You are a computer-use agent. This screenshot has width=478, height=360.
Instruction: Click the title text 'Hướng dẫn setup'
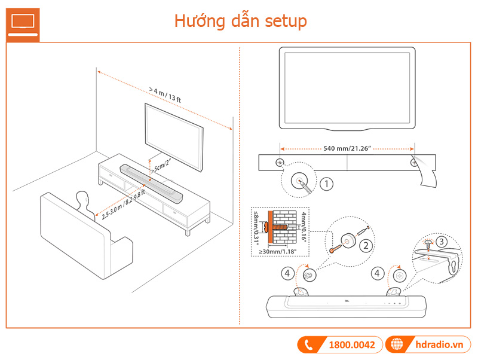click(240, 22)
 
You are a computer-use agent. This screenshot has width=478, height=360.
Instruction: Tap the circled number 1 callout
click(326, 184)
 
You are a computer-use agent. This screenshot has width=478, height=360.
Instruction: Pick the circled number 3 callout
click(441, 242)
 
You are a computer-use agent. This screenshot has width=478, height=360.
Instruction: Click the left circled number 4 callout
click(287, 274)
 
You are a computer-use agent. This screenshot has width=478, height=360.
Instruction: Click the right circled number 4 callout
click(377, 274)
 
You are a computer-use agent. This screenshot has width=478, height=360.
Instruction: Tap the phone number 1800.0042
click(351, 345)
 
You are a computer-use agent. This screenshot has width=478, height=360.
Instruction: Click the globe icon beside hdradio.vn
click(396, 345)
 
